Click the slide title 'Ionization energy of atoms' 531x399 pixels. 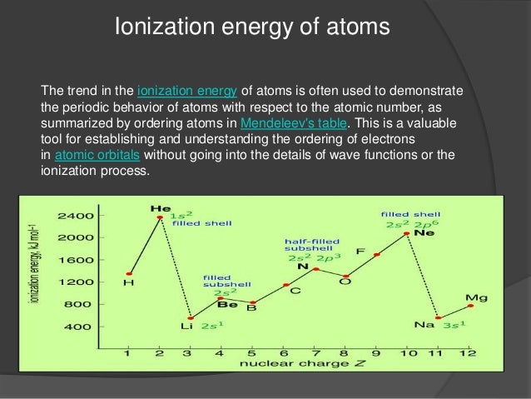tap(252, 28)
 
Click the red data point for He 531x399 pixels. tap(159, 217)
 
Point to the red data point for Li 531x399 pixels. tap(191, 318)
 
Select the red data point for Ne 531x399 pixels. tap(407, 234)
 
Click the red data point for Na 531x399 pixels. tap(439, 318)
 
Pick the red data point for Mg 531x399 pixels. tap(470, 306)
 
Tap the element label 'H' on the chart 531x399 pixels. tap(128, 283)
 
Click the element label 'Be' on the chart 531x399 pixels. tap(227, 305)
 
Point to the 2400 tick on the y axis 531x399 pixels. tap(74, 216)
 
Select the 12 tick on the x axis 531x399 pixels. tap(470, 353)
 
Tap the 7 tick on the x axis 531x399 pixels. tap(315, 353)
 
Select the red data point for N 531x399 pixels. tap(315, 268)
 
